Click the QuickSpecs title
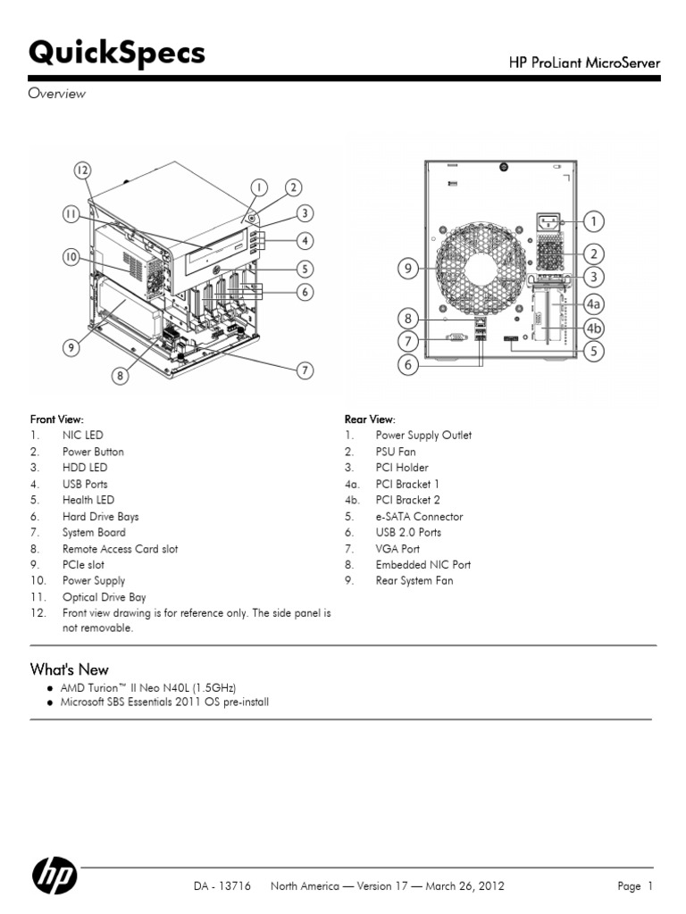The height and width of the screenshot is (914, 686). pos(117,54)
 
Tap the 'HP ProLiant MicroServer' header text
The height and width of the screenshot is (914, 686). pos(584,62)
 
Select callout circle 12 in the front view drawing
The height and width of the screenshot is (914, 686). pos(82,170)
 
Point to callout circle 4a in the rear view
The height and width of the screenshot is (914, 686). pos(593,303)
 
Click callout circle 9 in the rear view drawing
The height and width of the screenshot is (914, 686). pos(409,266)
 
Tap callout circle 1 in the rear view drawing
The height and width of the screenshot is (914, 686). pos(593,220)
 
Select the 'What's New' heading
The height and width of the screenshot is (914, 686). pos(70,669)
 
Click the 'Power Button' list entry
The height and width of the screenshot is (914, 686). pos(93,452)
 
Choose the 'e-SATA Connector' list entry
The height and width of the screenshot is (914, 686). pos(419,516)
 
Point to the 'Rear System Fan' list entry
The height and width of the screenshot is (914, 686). pos(414,580)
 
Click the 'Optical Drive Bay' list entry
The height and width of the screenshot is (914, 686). pos(104,597)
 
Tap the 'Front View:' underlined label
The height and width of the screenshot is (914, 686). pos(57,419)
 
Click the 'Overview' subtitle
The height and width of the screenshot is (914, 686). pos(57,93)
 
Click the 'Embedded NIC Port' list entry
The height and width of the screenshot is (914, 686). pos(422,564)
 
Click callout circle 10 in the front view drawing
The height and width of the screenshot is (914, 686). pos(71,257)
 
